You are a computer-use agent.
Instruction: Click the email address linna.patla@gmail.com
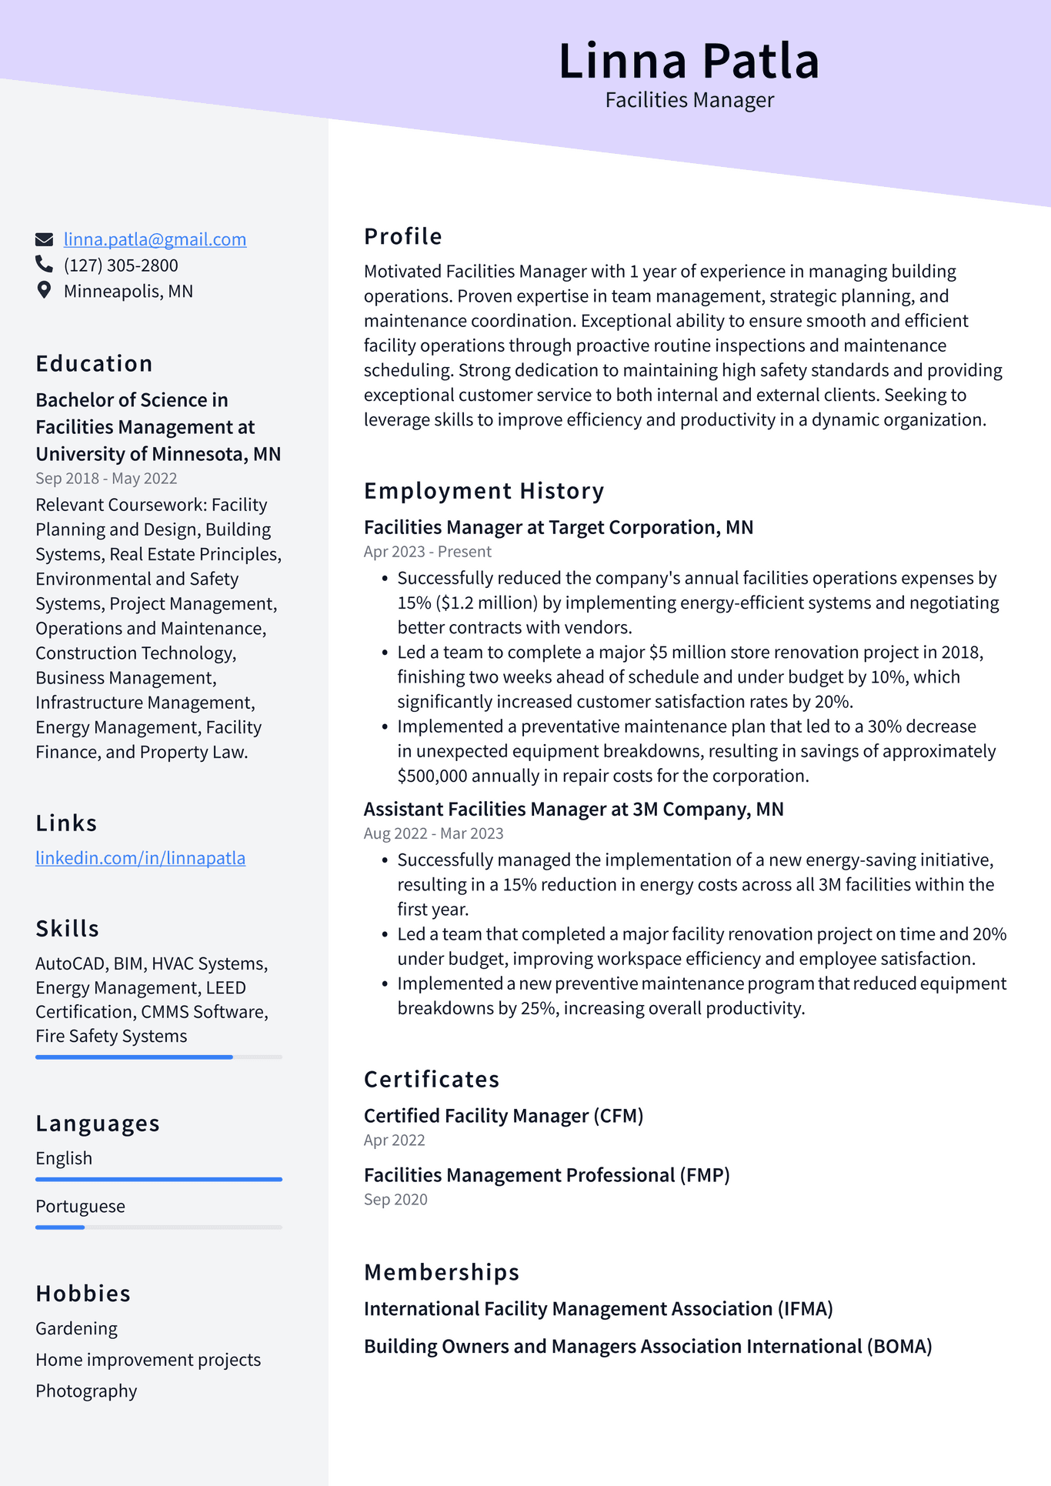(x=155, y=239)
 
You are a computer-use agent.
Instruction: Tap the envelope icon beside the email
(x=45, y=239)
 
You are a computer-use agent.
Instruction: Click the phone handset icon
(x=44, y=265)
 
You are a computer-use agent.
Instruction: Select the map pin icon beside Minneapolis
(x=44, y=290)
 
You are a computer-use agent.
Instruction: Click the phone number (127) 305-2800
(x=121, y=265)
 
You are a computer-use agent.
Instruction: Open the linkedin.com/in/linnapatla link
(x=140, y=858)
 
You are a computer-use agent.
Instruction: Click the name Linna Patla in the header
(x=689, y=61)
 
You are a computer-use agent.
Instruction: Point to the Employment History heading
(x=484, y=491)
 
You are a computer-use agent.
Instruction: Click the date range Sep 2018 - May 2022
(x=106, y=479)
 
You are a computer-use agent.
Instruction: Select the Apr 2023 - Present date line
(x=427, y=552)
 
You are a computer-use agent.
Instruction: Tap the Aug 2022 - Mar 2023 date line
(x=433, y=833)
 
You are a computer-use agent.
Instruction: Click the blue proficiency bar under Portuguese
(x=60, y=1227)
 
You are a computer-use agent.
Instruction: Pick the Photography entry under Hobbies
(x=86, y=1391)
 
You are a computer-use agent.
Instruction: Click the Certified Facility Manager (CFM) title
(x=503, y=1116)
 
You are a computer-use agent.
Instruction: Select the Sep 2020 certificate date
(x=395, y=1200)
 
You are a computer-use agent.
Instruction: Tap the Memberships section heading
(x=442, y=1273)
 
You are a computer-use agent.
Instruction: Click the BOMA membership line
(x=647, y=1347)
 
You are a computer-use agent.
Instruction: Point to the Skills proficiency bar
(x=134, y=1057)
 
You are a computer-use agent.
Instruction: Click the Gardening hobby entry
(x=76, y=1329)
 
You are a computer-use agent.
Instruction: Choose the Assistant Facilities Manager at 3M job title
(x=573, y=810)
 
